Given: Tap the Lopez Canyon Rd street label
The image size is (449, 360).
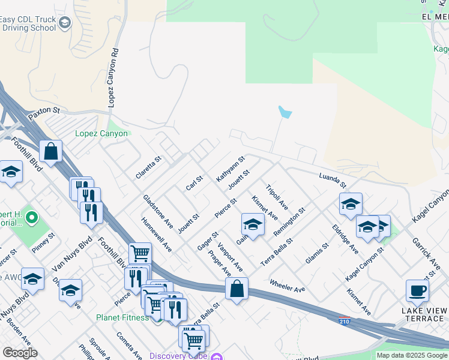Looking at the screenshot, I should click(112, 78).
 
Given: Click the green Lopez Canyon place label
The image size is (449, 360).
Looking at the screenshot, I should click(101, 133).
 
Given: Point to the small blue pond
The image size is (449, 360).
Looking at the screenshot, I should click(285, 112).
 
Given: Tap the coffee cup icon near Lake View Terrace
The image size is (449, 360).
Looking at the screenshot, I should click(417, 291).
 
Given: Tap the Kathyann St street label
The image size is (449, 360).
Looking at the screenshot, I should click(231, 169).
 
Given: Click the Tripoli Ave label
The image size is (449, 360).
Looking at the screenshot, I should click(277, 196).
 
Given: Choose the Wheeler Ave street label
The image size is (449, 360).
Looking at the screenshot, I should click(288, 285).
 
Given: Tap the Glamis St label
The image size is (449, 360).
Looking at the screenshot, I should click(317, 250).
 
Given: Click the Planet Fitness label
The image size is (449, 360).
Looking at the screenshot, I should click(122, 317).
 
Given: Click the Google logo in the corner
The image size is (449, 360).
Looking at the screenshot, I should click(20, 353).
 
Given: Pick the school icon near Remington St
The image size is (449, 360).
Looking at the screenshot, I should click(253, 225).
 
